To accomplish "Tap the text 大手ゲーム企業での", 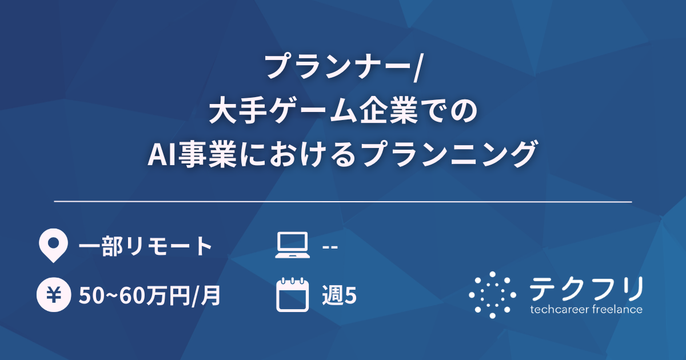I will point(343,111).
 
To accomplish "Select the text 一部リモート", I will point(145,246).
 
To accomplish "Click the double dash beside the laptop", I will point(330,247).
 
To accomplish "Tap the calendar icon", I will point(292,295).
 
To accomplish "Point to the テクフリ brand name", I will point(586,289).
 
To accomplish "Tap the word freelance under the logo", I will point(618,310).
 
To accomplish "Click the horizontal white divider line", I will point(343,202).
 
